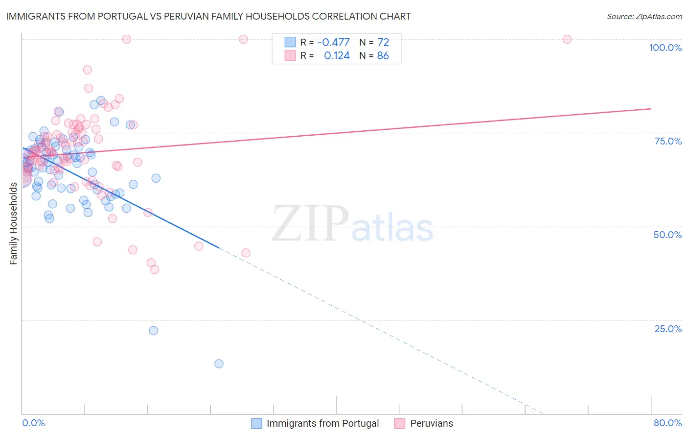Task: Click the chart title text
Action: coord(208,16)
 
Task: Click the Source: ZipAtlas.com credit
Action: coord(644,16)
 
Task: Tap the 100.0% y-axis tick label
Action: coord(665,48)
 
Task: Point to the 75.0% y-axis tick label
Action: coord(668,141)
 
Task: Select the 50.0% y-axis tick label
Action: coord(667,235)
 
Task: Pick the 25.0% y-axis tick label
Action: coord(668,329)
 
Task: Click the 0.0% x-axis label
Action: coord(33,423)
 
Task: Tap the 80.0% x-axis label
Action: coord(667,423)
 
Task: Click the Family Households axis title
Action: coord(13,223)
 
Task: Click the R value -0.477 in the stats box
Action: coord(333,42)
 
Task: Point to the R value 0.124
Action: coord(337,56)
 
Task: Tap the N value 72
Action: coord(383,42)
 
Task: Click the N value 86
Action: coord(383,56)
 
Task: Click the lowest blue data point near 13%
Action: coord(219,364)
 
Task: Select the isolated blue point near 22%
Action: coord(153,331)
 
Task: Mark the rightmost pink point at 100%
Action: coord(567,39)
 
